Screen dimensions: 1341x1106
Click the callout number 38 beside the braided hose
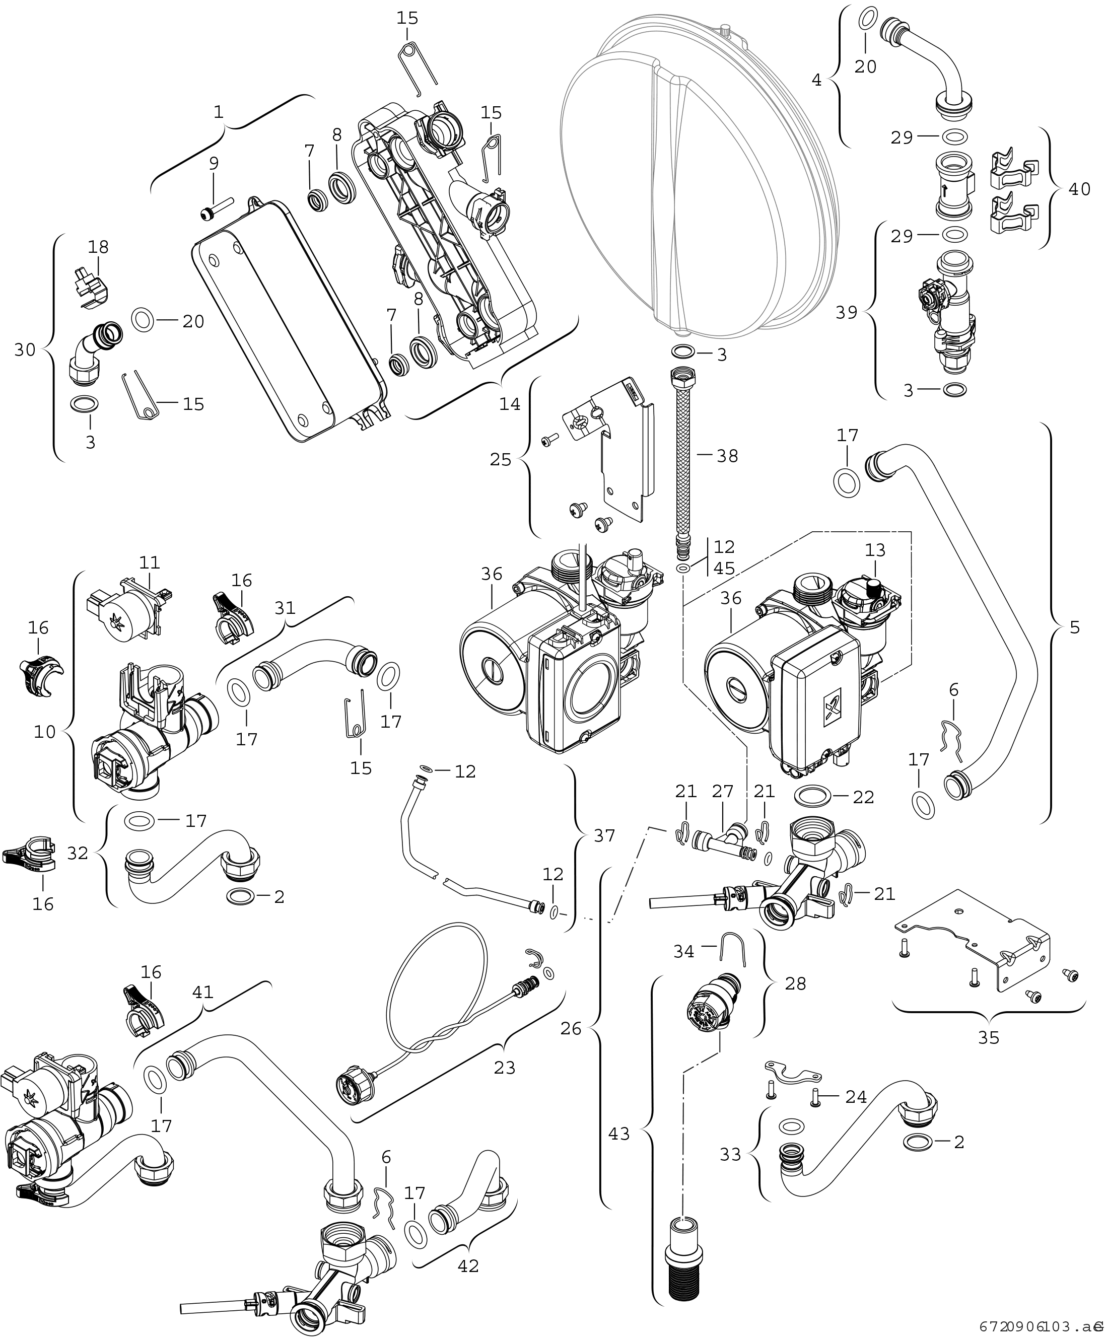pyautogui.click(x=727, y=456)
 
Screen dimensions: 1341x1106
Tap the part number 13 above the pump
pyautogui.click(x=875, y=549)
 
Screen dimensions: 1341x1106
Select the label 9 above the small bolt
pyautogui.click(x=214, y=163)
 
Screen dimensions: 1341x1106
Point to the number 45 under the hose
pyautogui.click(x=724, y=568)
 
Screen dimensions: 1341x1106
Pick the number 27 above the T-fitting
pyautogui.click(x=724, y=791)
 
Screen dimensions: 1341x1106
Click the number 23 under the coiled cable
pyautogui.click(x=505, y=1067)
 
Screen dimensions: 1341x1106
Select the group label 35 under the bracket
pyautogui.click(x=989, y=1038)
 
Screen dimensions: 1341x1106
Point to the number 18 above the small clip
pyautogui.click(x=99, y=247)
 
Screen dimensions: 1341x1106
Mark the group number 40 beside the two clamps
pyautogui.click(x=1079, y=189)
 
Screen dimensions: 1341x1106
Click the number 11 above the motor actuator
pyautogui.click(x=151, y=562)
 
